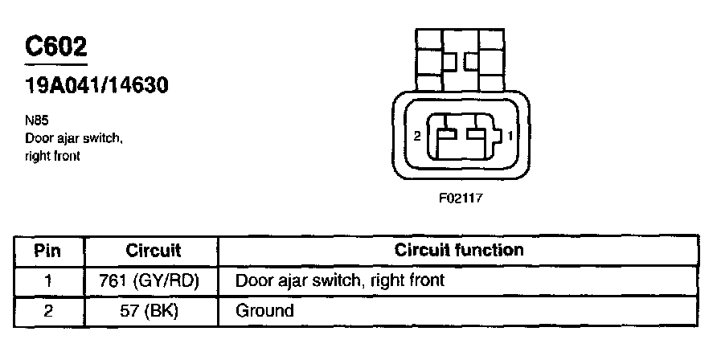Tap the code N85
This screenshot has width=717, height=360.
pyautogui.click(x=36, y=122)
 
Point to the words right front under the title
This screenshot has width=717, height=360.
pyautogui.click(x=53, y=156)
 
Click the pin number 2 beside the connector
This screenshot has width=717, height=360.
pyautogui.click(x=416, y=137)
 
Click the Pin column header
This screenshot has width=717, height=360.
pyautogui.click(x=48, y=250)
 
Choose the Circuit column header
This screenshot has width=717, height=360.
pyautogui.click(x=153, y=250)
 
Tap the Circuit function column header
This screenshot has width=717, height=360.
pyautogui.click(x=458, y=250)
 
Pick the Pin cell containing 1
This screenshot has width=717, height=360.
pyautogui.click(x=48, y=280)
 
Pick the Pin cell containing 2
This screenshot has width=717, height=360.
pyautogui.click(x=48, y=310)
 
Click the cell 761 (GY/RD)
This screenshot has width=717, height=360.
pyautogui.click(x=153, y=280)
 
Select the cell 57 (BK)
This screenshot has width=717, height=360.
pyautogui.click(x=153, y=310)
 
